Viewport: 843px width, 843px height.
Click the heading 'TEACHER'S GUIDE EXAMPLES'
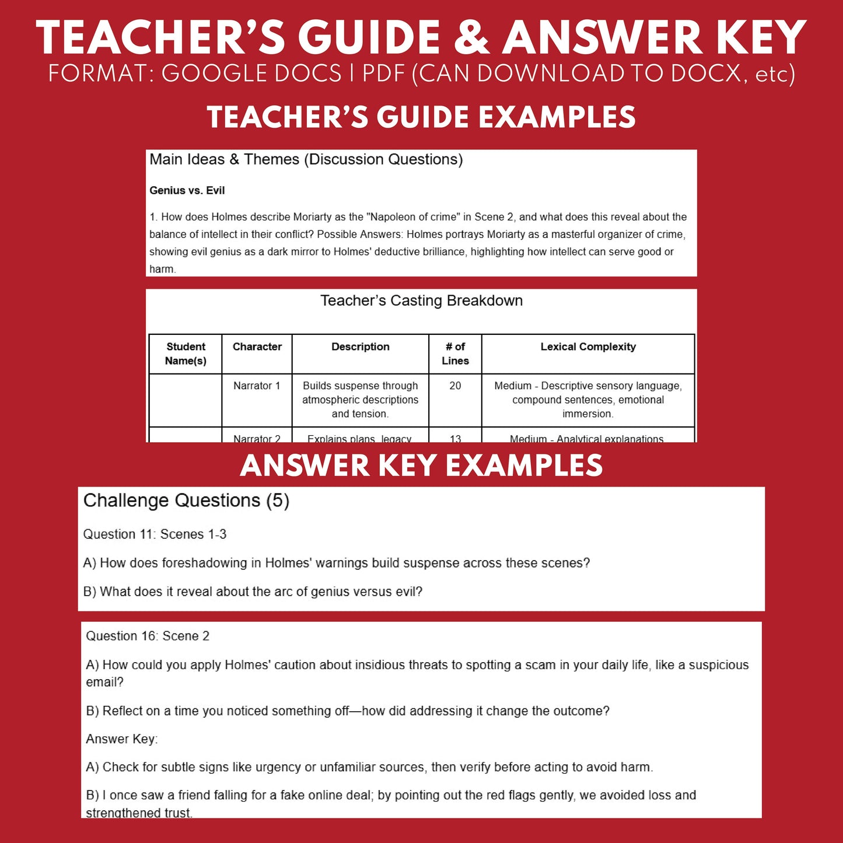point(421,117)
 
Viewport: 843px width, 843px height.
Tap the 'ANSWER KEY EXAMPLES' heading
point(421,466)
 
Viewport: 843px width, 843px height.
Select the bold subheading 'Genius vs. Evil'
point(187,191)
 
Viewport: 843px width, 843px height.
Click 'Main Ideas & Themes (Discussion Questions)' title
point(306,159)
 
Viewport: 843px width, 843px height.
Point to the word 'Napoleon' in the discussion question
point(391,217)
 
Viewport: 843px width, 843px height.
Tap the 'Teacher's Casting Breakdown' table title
point(421,300)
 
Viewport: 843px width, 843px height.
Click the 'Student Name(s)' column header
point(186,354)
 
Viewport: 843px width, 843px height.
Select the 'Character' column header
point(257,347)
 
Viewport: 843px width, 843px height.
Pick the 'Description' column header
point(360,347)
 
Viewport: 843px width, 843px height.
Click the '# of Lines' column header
point(455,354)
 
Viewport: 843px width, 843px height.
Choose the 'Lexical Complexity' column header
point(588,347)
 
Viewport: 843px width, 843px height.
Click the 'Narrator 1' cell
point(257,386)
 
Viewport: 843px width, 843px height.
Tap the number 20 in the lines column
point(455,386)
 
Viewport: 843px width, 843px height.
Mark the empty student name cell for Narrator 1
point(186,400)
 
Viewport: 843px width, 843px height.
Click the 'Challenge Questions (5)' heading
point(186,501)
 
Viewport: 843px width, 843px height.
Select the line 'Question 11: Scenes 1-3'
point(155,534)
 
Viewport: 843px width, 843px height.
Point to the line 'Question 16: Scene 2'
point(148,636)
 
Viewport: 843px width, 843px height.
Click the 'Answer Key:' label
point(121,739)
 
